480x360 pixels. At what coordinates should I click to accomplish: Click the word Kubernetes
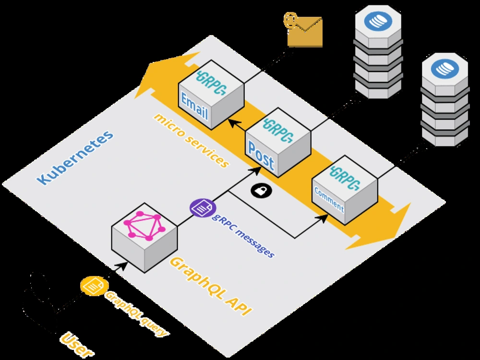coord(75,157)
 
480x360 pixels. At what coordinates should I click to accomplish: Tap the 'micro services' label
coord(192,140)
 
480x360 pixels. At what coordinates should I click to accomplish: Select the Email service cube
coord(211,95)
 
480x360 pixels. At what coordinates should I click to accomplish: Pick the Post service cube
coord(278,143)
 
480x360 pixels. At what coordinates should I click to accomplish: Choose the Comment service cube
coord(345,190)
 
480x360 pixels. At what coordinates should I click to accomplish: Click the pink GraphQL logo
coord(144,226)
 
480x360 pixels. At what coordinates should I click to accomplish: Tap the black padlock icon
coord(262,191)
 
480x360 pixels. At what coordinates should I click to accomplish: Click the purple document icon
coord(203,208)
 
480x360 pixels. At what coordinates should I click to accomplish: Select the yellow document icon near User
coord(94,286)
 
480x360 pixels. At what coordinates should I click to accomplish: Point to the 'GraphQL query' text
coord(136,313)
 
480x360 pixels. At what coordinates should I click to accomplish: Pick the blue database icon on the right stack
coord(445,69)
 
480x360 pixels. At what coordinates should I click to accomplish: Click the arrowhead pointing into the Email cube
coord(235,124)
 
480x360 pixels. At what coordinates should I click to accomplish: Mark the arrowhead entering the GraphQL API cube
coord(122,266)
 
